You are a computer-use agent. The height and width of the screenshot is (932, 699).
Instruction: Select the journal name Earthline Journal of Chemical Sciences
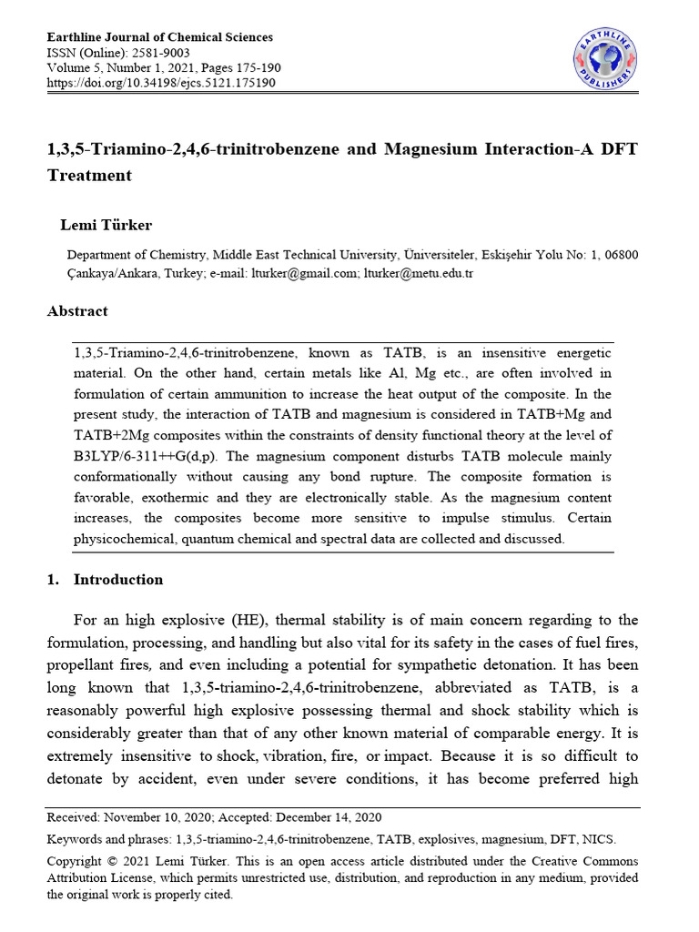(159, 37)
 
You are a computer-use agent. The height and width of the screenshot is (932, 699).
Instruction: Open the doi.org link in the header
(161, 83)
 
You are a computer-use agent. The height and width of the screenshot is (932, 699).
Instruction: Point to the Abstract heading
(77, 311)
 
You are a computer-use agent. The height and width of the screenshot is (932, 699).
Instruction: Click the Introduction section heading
(118, 580)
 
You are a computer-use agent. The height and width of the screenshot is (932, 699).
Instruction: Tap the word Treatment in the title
(89, 176)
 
